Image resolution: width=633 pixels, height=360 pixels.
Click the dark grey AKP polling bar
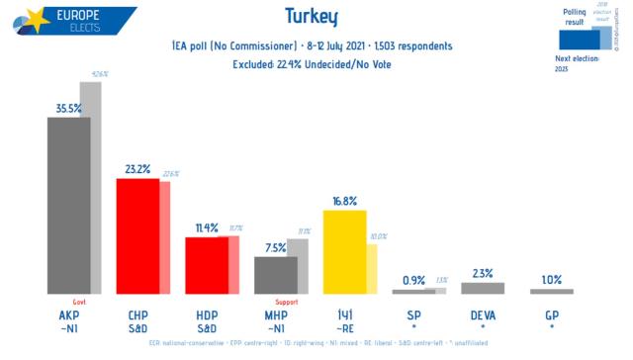69,206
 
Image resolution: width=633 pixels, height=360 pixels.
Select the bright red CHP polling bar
137,236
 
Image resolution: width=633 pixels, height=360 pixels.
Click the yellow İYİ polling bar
344,252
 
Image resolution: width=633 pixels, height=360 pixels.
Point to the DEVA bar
482,288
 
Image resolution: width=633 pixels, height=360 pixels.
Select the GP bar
551,291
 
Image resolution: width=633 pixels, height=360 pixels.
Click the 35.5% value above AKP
70,108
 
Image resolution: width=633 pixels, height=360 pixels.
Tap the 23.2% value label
138,169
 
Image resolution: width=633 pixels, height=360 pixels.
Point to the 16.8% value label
345,201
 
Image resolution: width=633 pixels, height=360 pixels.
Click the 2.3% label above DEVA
483,273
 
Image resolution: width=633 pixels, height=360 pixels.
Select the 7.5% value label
276,247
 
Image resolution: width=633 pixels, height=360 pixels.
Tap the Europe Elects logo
69,22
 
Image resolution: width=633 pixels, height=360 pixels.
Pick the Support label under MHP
287,302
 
